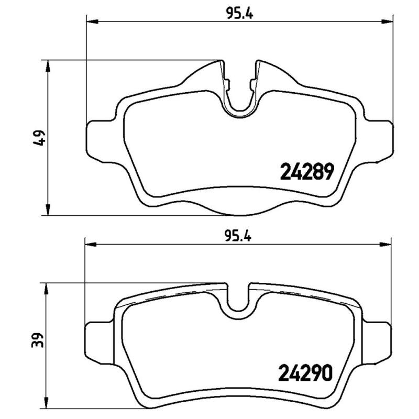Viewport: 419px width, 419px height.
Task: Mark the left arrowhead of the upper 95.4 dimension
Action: pyautogui.click(x=90, y=22)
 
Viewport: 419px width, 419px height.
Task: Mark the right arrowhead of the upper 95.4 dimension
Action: pyautogui.click(x=388, y=22)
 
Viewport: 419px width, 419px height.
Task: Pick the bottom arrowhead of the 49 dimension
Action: pyautogui.click(x=48, y=210)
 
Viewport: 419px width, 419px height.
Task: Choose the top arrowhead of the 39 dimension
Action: pyautogui.click(x=48, y=288)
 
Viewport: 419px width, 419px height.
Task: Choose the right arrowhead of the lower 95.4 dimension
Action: pyautogui.click(x=388, y=243)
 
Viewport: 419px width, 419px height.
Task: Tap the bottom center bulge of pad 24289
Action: pyautogui.click(x=239, y=210)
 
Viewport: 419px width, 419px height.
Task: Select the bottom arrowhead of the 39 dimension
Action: pyautogui.click(x=48, y=393)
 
